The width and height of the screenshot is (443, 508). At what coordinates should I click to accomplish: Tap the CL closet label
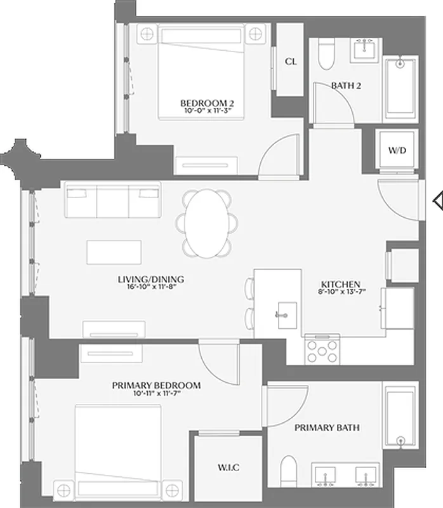[291, 62]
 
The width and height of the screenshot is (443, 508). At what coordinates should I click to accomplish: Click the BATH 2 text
[346, 85]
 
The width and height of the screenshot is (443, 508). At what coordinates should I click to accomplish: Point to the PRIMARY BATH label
[327, 427]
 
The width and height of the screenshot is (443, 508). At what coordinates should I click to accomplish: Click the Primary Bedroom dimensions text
[156, 394]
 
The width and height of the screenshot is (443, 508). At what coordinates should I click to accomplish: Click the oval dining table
[208, 224]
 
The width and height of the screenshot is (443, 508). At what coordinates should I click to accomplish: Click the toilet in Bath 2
[326, 55]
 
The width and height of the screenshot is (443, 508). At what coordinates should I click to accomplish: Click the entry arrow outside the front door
[437, 202]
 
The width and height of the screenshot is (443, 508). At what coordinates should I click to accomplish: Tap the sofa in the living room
[112, 201]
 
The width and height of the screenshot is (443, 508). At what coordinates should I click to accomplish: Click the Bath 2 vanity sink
[364, 48]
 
